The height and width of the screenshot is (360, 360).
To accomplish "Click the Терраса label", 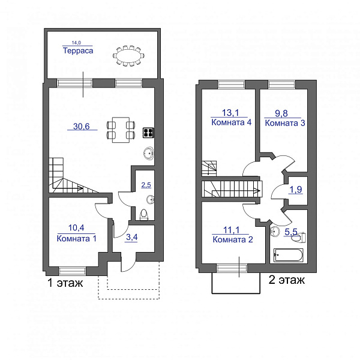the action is (x=78, y=50).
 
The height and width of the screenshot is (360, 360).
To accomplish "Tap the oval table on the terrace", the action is (x=128, y=56).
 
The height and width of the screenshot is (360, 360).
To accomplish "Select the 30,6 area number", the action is (x=81, y=126).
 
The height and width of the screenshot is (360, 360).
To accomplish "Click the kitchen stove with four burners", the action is (x=148, y=133).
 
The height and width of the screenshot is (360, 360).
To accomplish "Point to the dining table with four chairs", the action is (x=121, y=130).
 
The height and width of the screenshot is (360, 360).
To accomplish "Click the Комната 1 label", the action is (x=76, y=239).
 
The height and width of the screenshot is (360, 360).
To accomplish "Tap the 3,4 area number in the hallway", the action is (x=132, y=237).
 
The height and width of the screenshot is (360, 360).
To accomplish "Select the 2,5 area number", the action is (x=146, y=185).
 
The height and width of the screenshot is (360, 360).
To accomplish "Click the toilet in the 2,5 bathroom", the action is (x=144, y=214).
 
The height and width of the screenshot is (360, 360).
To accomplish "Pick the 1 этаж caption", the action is (x=65, y=283).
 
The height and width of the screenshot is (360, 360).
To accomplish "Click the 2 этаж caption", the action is (x=287, y=280).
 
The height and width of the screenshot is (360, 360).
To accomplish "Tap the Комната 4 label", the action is (x=231, y=122).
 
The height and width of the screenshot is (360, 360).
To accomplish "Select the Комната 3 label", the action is (x=285, y=123).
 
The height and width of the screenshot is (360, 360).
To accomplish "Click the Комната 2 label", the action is (x=233, y=239).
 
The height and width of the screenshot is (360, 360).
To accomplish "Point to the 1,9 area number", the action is (x=296, y=190).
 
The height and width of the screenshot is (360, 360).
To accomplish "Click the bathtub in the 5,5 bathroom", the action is (x=289, y=255).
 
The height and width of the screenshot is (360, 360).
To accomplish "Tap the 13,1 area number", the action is (x=230, y=113).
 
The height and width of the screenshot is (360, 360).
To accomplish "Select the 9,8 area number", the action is (x=281, y=113).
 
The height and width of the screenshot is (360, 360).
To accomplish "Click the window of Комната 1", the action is (x=72, y=271).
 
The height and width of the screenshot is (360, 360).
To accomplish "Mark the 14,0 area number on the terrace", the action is (x=76, y=43).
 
